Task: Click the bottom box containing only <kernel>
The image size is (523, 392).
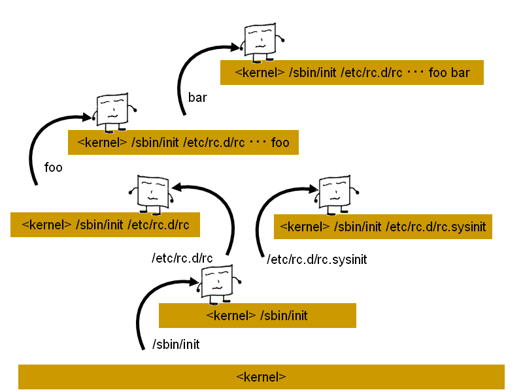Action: (261, 377)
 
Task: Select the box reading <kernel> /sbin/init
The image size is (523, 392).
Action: (257, 316)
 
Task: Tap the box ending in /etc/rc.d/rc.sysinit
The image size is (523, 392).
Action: (382, 227)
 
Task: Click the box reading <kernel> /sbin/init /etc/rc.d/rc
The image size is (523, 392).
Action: (105, 225)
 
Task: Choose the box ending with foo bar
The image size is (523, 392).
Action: (352, 73)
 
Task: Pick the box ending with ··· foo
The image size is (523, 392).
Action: (183, 142)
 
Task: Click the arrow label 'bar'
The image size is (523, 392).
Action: (197, 98)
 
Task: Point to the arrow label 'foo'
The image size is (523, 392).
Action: (53, 168)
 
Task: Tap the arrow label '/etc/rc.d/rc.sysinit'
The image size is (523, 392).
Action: (317, 259)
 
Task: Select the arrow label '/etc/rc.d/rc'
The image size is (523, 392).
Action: (182, 258)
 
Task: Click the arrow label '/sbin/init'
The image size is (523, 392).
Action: (176, 344)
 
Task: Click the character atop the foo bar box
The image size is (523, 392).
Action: (261, 41)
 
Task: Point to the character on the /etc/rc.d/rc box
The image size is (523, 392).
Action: (152, 195)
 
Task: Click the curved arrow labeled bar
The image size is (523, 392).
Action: (186, 72)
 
